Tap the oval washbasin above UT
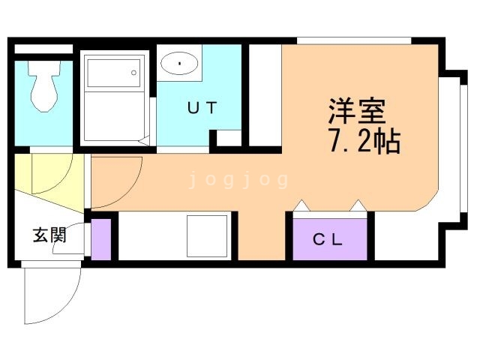pos(179,62)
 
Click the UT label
pos(201,107)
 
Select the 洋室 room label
pos(355,112)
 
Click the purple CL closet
pos(329,238)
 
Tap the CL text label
pos(328,240)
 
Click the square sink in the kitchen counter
pos(206,235)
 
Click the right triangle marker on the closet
pos(358,205)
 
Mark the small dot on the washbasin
pos(180,63)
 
